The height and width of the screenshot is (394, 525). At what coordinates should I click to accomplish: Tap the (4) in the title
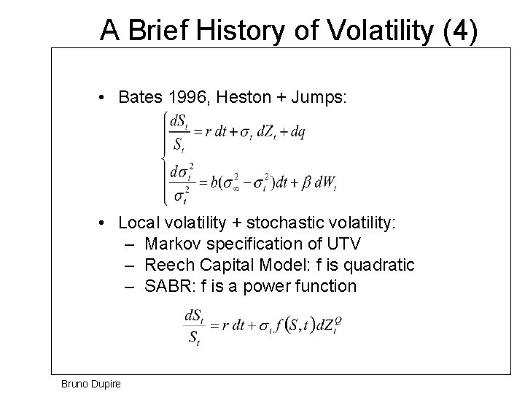pyautogui.click(x=458, y=30)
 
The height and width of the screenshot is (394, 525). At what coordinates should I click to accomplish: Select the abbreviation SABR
pyautogui.click(x=166, y=285)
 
